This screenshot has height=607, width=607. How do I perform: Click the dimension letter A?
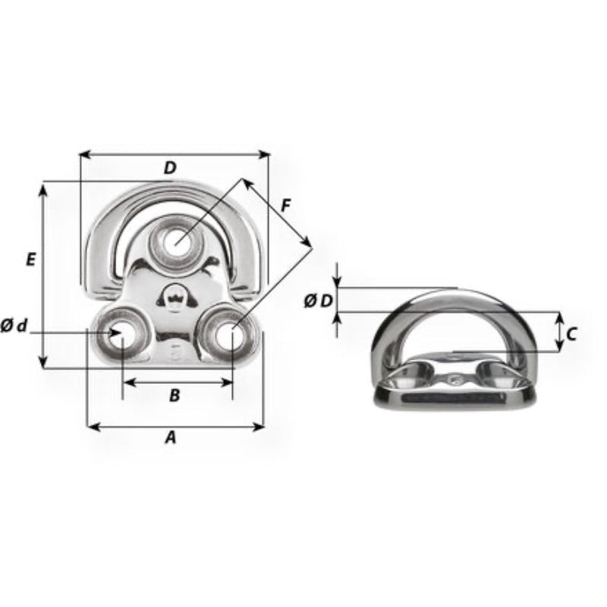tap(171, 437)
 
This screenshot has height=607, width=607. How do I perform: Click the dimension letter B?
tap(174, 395)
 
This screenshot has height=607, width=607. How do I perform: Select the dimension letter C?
tap(572, 332)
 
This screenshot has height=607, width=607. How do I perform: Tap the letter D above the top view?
tap(170, 168)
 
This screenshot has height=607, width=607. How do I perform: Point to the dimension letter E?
tap(30, 259)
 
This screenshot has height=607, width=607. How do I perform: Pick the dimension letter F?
tap(285, 205)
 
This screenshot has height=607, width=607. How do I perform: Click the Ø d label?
tap(14, 326)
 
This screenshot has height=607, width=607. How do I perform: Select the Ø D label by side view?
tap(318, 301)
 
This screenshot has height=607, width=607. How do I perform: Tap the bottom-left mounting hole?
tap(118, 333)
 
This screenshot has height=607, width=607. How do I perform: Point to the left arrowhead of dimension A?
tap(92, 427)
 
